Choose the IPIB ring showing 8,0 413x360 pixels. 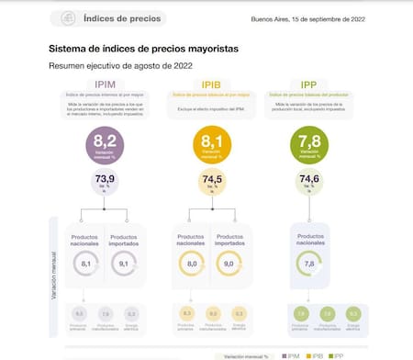(191, 264)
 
